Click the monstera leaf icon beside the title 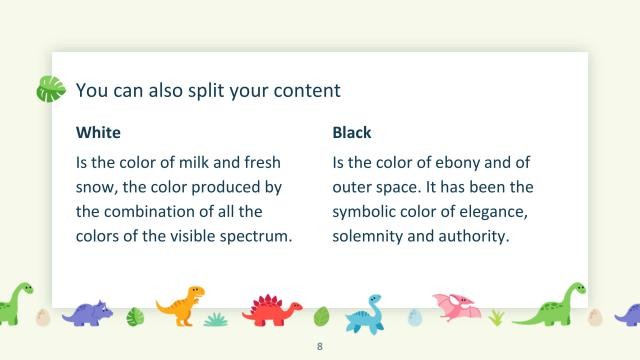[x=50, y=90]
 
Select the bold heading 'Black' [x=352, y=132]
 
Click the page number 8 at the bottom [x=319, y=347]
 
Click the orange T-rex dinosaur [x=180, y=305]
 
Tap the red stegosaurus [x=272, y=310]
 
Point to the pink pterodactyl [x=456, y=306]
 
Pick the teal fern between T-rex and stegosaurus [x=216, y=319]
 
